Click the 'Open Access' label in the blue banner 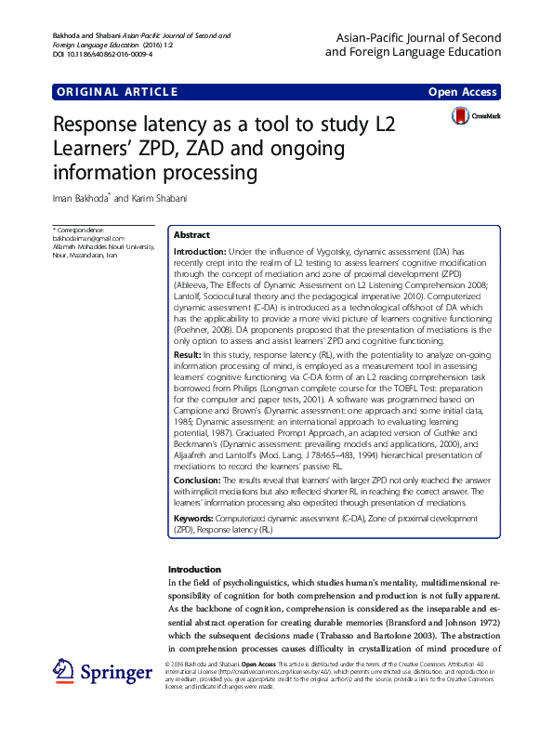[x=462, y=92]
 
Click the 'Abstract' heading [x=191, y=236]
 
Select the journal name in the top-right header [x=413, y=45]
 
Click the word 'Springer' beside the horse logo [x=116, y=671]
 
